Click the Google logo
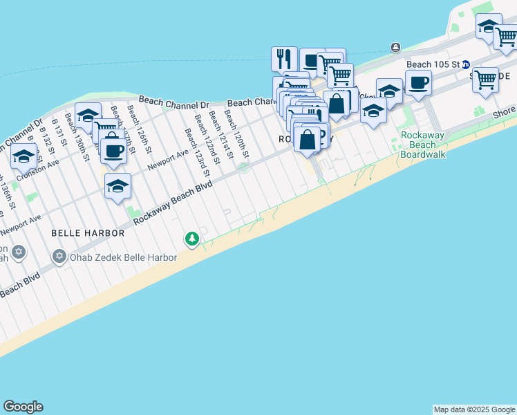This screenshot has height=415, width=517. [23, 407]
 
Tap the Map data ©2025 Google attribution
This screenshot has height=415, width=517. [474, 409]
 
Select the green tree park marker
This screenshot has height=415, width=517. [191, 239]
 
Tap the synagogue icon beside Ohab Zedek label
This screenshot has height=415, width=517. [59, 257]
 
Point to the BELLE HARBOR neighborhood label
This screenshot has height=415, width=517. [88, 233]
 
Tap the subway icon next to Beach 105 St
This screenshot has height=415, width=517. [467, 64]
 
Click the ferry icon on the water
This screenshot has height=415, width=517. [395, 47]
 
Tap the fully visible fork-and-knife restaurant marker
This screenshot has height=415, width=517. [284, 59]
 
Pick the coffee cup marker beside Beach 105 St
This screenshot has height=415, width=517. [418, 84]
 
